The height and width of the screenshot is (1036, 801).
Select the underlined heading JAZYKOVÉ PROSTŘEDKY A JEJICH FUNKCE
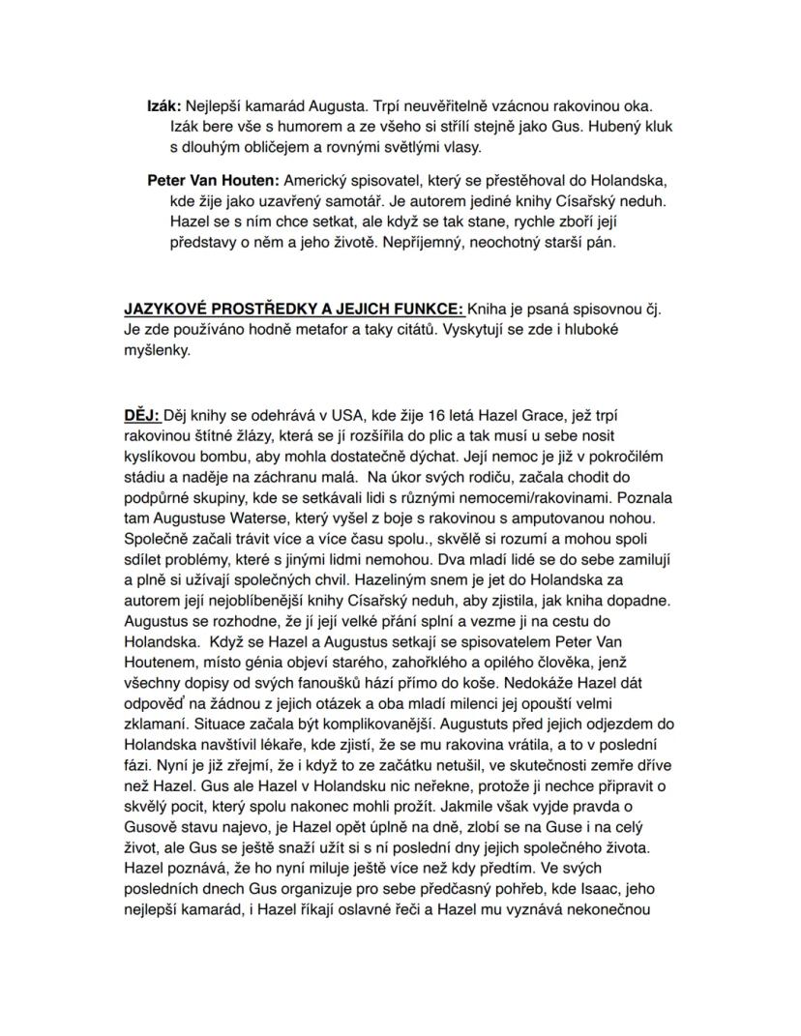294,310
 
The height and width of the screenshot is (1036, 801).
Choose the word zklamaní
159,724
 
